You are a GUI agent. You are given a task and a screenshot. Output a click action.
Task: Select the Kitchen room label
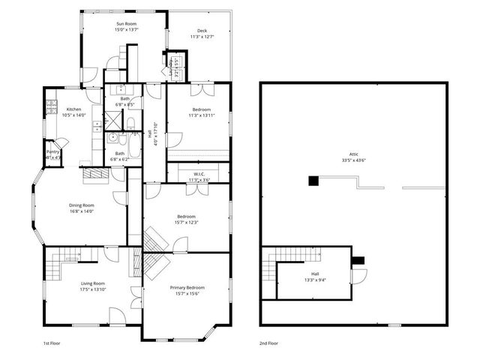[73, 109]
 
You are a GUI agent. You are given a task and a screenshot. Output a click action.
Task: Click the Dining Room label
[82, 205]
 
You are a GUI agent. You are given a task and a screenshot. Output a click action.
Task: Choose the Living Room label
[93, 283]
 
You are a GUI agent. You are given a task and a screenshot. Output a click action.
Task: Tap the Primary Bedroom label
[187, 287]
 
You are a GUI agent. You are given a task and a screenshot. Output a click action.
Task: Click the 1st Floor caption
[52, 342]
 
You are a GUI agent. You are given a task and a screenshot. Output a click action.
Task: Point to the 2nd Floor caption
[268, 342]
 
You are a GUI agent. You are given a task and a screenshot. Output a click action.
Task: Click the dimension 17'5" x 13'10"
[93, 289]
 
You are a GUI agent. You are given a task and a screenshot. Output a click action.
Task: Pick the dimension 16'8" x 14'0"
[82, 211]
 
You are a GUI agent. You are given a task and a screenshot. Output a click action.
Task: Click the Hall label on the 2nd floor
[314, 274]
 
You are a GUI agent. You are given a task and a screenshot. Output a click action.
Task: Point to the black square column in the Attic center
[313, 181]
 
